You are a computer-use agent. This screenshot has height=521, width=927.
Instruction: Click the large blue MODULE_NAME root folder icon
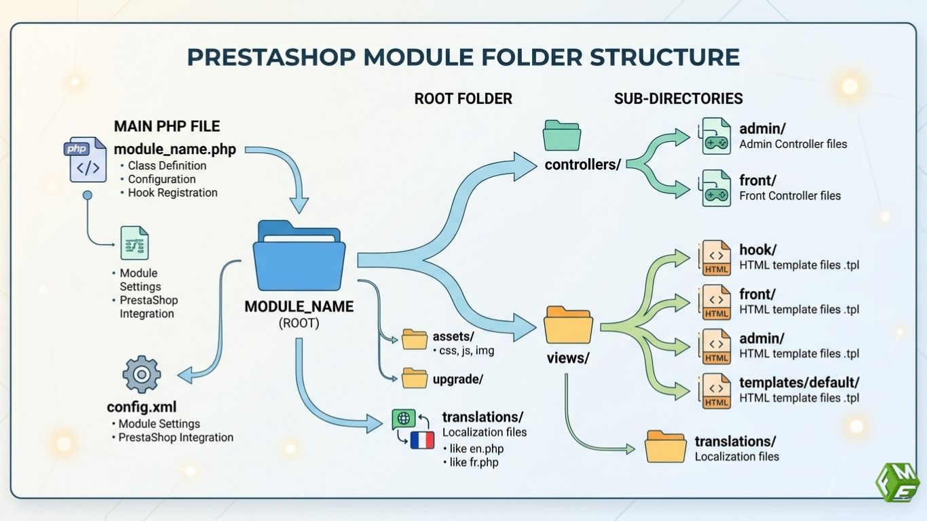[x=299, y=256]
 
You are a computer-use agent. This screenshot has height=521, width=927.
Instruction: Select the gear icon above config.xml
[x=142, y=374]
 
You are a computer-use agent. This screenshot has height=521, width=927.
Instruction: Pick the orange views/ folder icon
[x=568, y=325]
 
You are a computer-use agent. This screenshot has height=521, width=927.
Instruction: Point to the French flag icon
[x=421, y=440]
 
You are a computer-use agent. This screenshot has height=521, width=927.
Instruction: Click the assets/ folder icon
[x=415, y=339]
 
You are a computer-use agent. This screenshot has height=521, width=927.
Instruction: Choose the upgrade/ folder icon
[x=415, y=379]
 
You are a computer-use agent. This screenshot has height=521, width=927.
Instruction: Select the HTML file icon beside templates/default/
[x=717, y=391]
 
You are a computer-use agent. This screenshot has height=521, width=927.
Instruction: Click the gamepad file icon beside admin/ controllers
[x=715, y=136]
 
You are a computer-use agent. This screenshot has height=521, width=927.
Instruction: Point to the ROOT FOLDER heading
[x=463, y=98]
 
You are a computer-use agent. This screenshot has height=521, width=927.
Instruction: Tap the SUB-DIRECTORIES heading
[x=678, y=98]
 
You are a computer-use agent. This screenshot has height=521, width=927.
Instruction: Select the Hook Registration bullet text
[x=172, y=193]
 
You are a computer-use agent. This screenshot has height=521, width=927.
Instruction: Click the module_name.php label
[x=175, y=149]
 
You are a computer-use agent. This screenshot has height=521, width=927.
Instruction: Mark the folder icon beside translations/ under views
[x=665, y=447]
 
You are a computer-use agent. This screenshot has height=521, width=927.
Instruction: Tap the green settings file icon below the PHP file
[x=134, y=243]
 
